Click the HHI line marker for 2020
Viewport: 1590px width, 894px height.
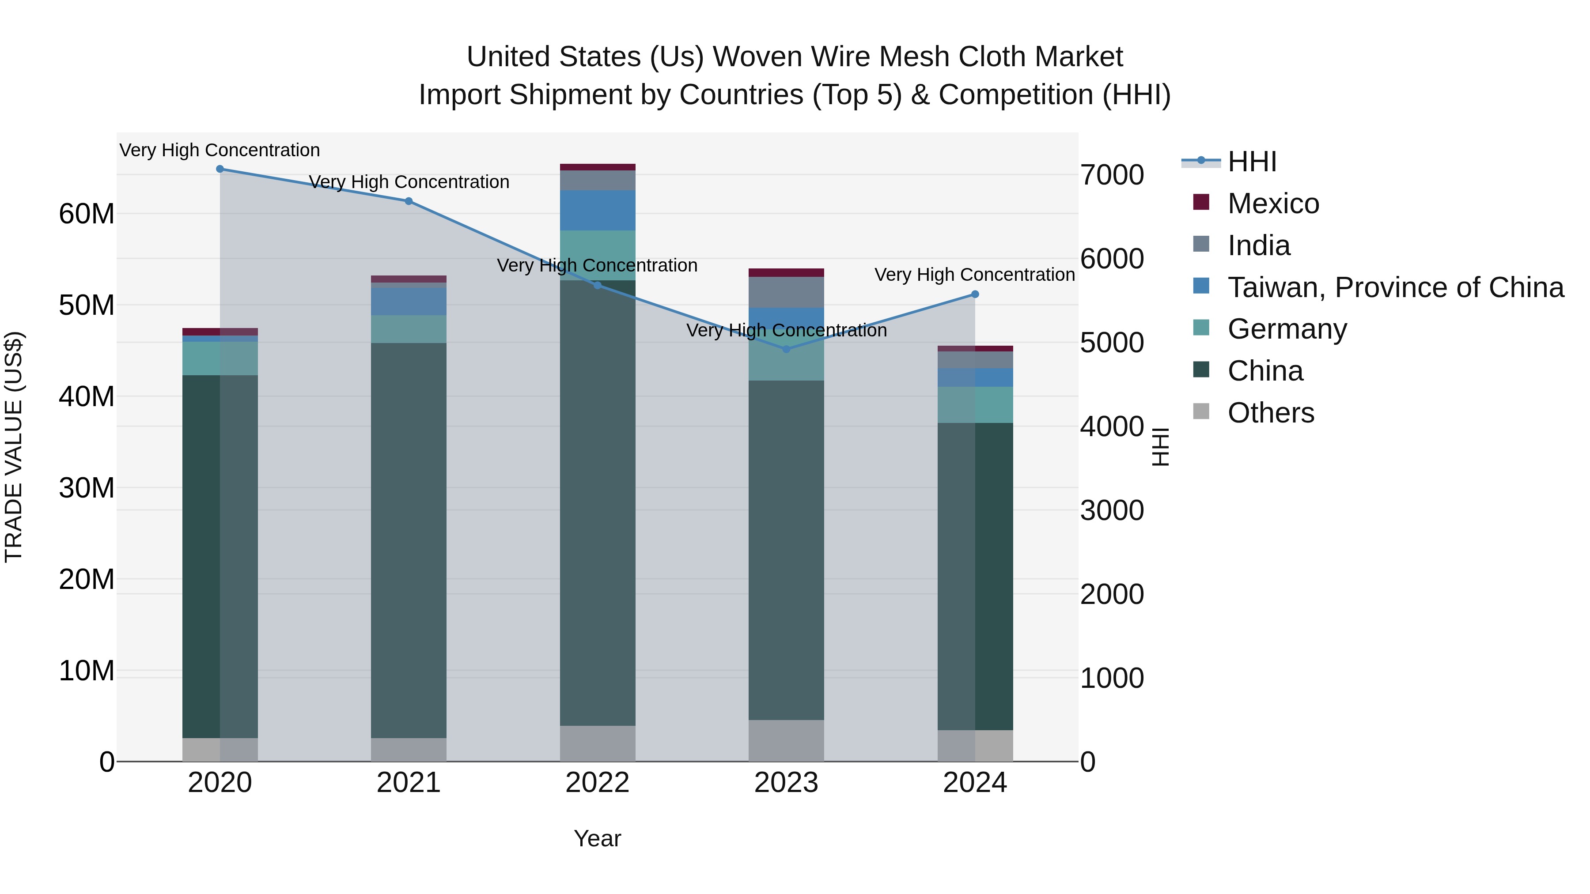click(x=220, y=169)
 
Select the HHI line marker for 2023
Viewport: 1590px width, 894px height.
click(x=786, y=349)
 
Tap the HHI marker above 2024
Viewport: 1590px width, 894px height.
click(x=975, y=294)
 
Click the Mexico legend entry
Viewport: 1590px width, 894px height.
click(x=1273, y=204)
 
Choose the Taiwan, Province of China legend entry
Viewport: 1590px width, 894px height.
click(x=1395, y=287)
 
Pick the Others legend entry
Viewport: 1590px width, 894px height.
click(x=1270, y=413)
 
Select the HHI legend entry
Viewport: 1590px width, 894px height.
click(x=1252, y=162)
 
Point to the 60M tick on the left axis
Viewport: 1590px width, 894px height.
click(x=87, y=214)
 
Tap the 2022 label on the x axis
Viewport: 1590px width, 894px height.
click(x=597, y=783)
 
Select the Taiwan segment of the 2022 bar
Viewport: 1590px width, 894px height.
click(x=597, y=211)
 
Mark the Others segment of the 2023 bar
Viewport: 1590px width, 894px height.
click(x=786, y=740)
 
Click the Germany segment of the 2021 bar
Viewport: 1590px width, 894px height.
click(x=408, y=329)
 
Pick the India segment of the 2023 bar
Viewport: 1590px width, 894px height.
click(x=786, y=292)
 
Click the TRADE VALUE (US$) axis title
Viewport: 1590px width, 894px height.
click(x=14, y=447)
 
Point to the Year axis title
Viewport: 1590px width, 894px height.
click(x=597, y=838)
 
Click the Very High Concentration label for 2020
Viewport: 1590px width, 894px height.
click(x=220, y=150)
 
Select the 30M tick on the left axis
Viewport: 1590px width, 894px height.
click(x=87, y=488)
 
